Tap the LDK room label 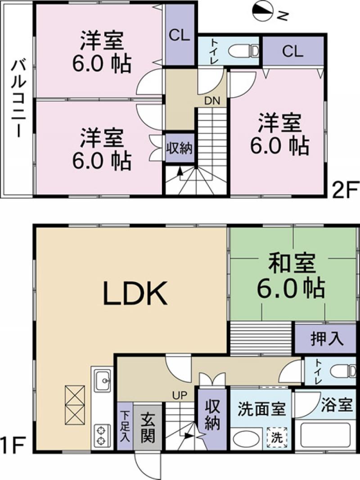point(135,294)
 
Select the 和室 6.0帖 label point(290,275)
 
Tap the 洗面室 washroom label point(261,410)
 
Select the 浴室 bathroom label point(337,405)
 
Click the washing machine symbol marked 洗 point(277,436)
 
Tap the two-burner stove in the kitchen point(101,433)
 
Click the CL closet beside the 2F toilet point(292,51)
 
